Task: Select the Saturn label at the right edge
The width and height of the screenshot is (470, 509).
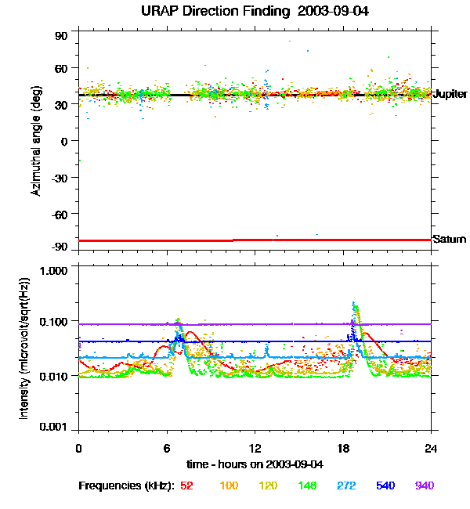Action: [449, 239]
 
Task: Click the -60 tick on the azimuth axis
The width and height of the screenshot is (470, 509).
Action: [60, 213]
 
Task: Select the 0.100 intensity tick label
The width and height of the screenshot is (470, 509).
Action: [56, 321]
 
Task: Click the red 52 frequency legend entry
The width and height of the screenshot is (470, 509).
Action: [186, 486]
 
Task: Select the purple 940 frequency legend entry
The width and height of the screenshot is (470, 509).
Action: [424, 486]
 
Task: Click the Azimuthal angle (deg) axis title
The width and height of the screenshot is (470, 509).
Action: [35, 141]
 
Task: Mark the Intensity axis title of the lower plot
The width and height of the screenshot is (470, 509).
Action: [24, 352]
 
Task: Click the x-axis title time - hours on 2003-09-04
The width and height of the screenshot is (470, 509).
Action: [255, 464]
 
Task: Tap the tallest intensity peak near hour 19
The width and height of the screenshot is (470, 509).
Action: [354, 304]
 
